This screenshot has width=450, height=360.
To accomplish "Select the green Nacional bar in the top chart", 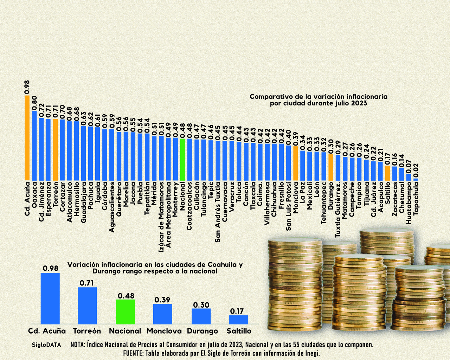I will tap(182, 159).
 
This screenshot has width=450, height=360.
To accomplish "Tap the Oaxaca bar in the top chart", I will tap(34, 146).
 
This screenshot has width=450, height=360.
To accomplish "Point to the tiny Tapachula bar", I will tap(416, 179).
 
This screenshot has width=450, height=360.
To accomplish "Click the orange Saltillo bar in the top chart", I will tap(387, 173).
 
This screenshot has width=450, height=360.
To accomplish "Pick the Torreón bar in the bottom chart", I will tap(87, 306).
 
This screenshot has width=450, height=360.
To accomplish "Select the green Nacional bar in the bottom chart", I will tap(126, 311).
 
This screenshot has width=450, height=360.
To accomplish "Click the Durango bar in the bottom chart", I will tap(201, 316).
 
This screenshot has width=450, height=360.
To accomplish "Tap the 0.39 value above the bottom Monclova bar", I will tap(162, 300).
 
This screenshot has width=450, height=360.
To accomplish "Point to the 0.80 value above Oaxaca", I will tap(34, 103).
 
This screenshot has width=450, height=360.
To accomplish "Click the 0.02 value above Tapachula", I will tap(416, 171).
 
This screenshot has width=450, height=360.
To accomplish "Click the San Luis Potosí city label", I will tap(288, 206).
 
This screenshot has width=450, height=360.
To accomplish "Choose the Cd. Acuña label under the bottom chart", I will tap(47, 331).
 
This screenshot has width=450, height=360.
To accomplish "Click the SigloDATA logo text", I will tap(46, 345).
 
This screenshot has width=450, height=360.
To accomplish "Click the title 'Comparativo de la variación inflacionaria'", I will tap(319, 96).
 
